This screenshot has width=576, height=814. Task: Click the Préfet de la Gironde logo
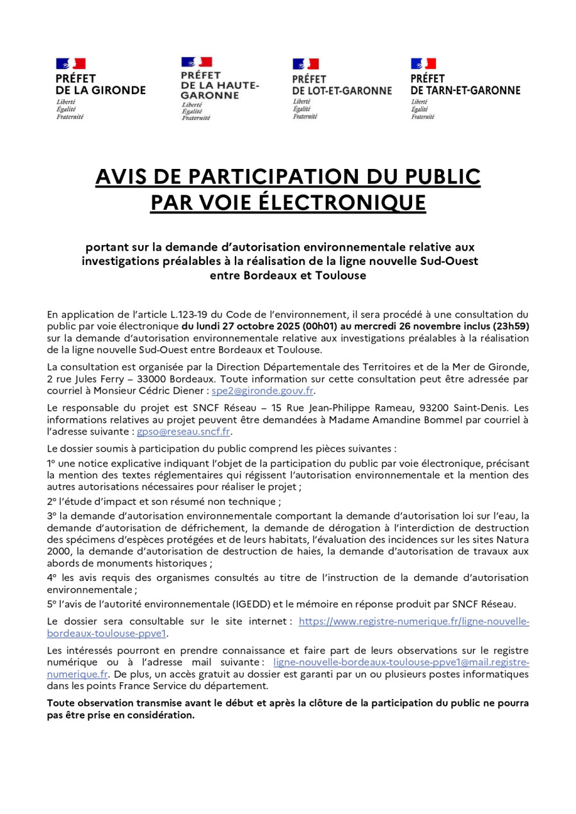pyautogui.click(x=100, y=88)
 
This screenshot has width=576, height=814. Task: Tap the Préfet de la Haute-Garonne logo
pyautogui.click(x=220, y=88)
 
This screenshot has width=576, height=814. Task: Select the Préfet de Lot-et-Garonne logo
pyautogui.click(x=341, y=88)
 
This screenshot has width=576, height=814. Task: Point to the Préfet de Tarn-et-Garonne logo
pyautogui.click(x=465, y=88)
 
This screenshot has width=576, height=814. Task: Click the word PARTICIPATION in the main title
pyautogui.click(x=268, y=176)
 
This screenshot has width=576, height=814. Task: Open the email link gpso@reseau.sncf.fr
pyautogui.click(x=183, y=431)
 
